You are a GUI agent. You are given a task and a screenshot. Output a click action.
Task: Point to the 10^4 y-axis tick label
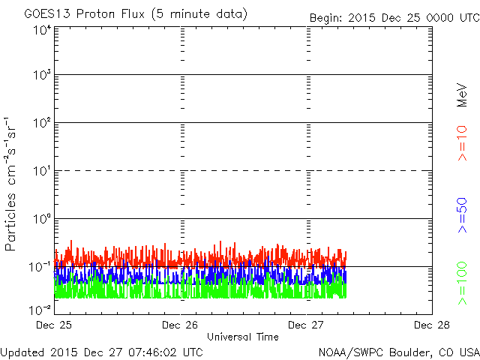[x=41, y=31]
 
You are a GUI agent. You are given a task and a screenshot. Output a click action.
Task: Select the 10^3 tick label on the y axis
[x=41, y=75]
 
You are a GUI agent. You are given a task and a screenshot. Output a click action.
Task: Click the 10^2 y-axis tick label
[x=41, y=123]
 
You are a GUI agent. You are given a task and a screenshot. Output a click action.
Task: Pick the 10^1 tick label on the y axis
[x=41, y=171]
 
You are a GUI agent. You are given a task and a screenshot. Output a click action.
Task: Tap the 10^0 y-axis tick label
[x=41, y=219]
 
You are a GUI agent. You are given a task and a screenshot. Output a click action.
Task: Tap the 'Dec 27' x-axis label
[x=307, y=325]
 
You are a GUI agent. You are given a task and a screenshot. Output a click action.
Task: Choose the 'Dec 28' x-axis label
[x=431, y=325]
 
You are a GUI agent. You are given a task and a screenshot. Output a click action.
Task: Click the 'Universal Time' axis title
[x=242, y=337]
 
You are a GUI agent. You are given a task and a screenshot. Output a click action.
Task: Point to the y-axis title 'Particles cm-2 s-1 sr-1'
[x=12, y=183]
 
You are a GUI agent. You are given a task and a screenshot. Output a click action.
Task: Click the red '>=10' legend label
[x=462, y=143]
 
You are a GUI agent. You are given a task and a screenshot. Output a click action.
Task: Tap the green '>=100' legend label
[x=462, y=283]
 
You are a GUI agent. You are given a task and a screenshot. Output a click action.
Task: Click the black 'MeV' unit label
[x=462, y=94]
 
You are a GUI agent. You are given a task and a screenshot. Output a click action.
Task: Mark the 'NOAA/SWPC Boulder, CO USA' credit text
[x=398, y=352]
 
